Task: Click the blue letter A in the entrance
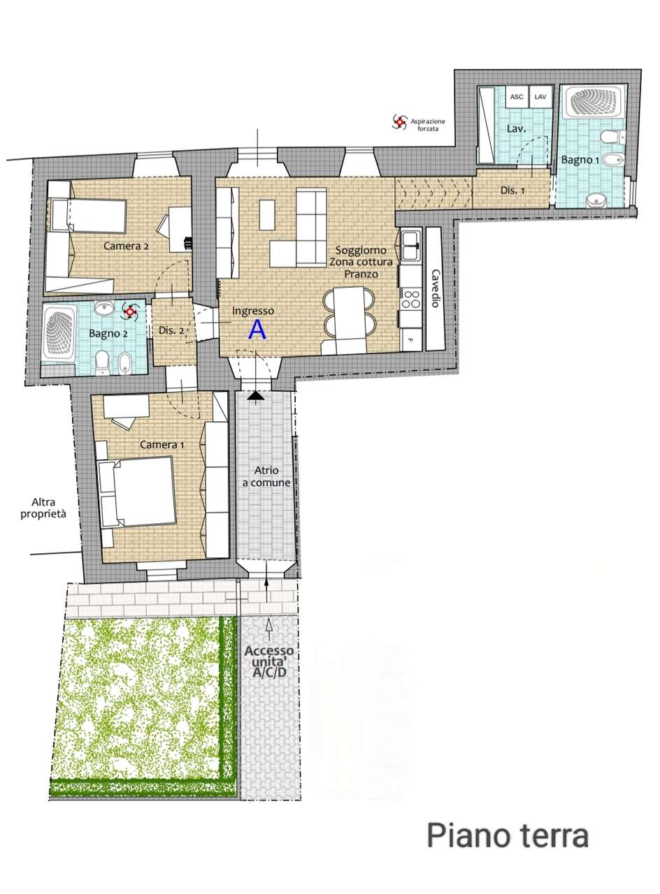pos(257,330)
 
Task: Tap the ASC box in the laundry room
pos(517,96)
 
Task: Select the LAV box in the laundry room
pos(540,96)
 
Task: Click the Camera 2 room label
pos(126,246)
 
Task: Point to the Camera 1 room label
pos(162,444)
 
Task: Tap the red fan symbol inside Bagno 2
pos(129,312)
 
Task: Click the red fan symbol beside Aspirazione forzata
pos(399,122)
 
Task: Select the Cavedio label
pos(436,288)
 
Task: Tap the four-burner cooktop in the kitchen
pos(412,300)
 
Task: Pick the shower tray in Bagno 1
pos(592,101)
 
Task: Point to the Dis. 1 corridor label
pos(512,191)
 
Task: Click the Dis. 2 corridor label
pos(171,330)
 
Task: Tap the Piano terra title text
pos(508,836)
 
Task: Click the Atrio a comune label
pos(266,476)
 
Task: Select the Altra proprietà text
pos(43,508)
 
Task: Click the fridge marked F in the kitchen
pos(411,339)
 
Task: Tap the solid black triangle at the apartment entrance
pos(256,396)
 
